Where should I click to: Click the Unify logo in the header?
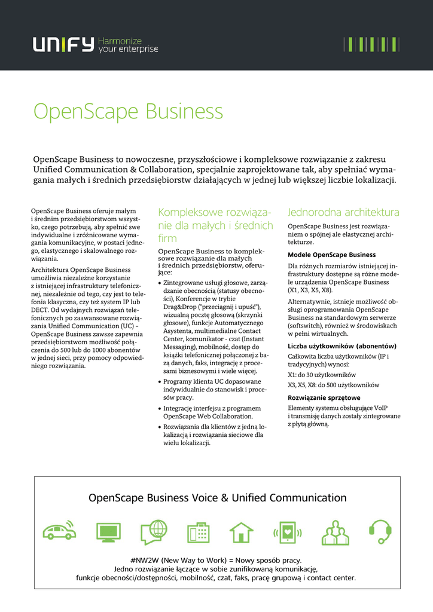[x=63, y=45]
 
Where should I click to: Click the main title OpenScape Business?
[x=128, y=112]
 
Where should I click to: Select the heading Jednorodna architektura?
[x=343, y=212]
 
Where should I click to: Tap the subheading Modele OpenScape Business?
[x=331, y=255]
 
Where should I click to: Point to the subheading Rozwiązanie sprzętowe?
[x=324, y=397]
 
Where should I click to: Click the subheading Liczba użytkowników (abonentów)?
[x=341, y=346]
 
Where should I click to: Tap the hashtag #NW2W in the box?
[x=144, y=560]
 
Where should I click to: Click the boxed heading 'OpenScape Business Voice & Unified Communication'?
[x=217, y=498]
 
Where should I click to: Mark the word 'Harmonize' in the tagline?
[x=120, y=41]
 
